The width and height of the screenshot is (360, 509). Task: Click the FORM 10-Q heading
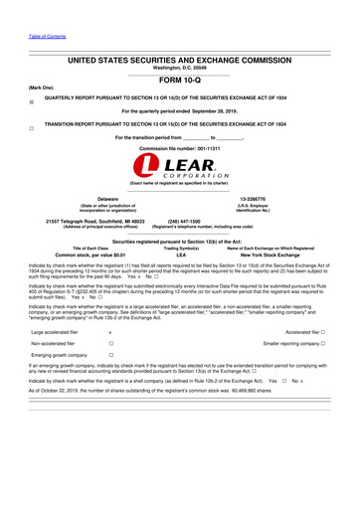(x=179, y=82)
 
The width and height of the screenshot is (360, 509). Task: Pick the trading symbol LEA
(x=181, y=254)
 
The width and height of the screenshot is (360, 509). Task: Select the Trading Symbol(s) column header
(x=181, y=248)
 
